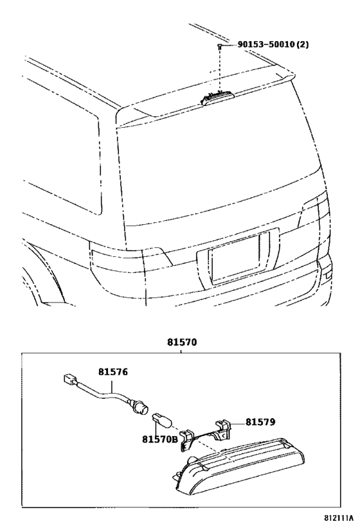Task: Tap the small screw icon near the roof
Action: [219, 47]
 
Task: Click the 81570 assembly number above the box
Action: [181, 342]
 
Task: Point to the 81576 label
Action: [113, 372]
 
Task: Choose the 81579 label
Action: [260, 422]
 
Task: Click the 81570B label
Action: [159, 439]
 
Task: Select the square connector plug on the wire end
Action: [69, 379]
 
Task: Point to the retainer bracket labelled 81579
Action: [206, 435]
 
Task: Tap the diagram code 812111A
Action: [339, 517]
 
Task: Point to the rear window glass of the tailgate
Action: [219, 168]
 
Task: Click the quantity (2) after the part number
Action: [302, 44]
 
